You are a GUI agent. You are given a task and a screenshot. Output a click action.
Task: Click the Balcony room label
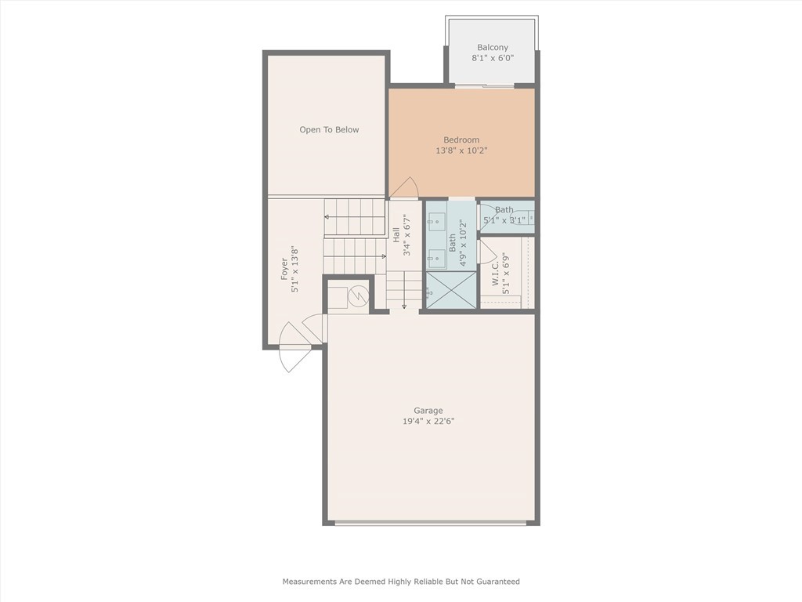[x=493, y=48]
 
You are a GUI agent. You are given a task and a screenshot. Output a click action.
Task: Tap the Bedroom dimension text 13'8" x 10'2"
[x=461, y=150]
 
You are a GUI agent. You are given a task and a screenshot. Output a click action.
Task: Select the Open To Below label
[x=329, y=129]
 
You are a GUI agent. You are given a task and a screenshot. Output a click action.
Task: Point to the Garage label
[x=428, y=411]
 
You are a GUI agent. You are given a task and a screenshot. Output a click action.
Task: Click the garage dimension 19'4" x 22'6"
[x=428, y=422]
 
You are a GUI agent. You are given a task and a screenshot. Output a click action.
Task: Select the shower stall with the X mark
[x=451, y=289]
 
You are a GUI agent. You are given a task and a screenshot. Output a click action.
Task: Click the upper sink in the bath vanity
[x=436, y=223]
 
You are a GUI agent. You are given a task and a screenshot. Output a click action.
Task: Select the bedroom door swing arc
[x=404, y=188]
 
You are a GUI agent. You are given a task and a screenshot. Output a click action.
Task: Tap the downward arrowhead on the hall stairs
[x=403, y=306]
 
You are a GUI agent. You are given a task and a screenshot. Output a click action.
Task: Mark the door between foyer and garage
[x=313, y=328]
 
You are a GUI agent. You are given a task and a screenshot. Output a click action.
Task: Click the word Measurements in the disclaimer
[x=310, y=582]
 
